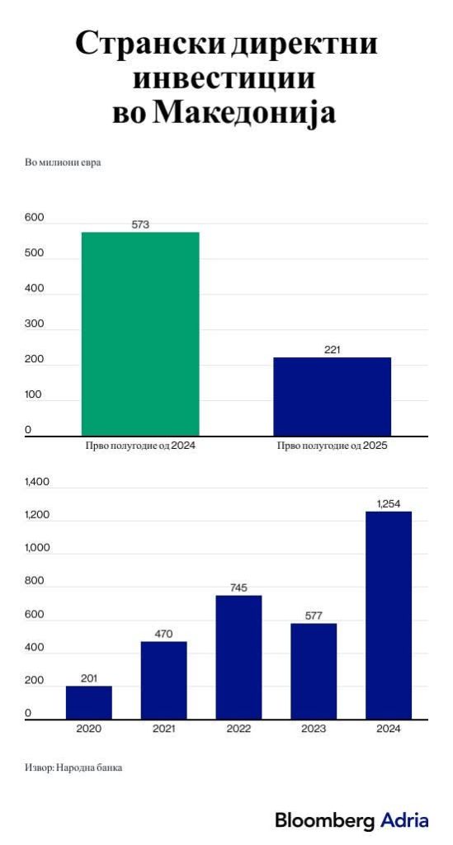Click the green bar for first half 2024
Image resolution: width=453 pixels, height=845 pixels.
[140, 334]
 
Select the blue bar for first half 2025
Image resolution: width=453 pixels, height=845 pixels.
[333, 397]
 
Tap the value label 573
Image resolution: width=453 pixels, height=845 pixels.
[140, 224]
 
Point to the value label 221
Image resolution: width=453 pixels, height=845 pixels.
[333, 350]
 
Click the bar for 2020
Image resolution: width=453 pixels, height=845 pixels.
[89, 702]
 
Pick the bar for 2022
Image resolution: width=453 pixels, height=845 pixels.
[238, 657]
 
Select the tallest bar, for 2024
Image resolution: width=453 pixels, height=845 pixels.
[389, 615]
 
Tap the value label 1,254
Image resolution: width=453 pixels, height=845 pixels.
[389, 504]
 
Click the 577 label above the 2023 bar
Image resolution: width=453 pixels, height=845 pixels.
[314, 616]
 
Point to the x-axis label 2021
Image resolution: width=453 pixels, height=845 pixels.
[163, 729]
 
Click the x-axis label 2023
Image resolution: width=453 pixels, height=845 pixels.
[314, 729]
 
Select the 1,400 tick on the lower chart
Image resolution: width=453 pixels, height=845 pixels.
[36, 482]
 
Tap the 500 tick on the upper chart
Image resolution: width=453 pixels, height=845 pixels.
[34, 253]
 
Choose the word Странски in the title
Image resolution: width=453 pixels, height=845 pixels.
[150, 45]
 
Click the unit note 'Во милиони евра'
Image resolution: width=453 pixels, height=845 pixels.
[63, 163]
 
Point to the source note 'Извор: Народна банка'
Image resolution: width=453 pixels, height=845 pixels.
[73, 767]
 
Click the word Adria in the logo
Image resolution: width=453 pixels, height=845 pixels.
[404, 821]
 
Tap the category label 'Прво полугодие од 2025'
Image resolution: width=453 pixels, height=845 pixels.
[333, 446]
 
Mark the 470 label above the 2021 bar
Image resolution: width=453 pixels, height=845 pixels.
[163, 635]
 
